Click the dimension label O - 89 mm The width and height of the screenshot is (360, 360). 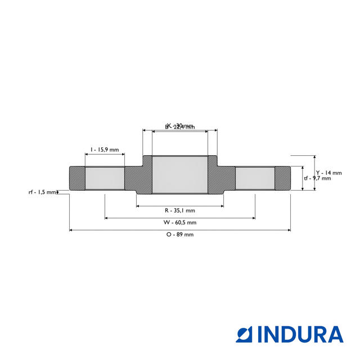pos(180,235)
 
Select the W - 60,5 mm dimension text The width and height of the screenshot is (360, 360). pos(180,222)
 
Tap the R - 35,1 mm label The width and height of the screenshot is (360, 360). pos(180,210)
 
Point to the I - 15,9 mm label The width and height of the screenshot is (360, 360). pos(105,150)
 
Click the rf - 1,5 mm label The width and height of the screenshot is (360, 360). pos(42,192)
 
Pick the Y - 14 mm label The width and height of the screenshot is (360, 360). pos(328,173)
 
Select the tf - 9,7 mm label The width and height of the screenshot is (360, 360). pos(317,178)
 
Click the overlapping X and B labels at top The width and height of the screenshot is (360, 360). pos(179,127)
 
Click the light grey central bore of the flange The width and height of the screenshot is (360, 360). pos(180,175)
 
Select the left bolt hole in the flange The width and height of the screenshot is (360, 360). pos(105,178)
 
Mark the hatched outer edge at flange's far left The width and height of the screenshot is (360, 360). pos(76,178)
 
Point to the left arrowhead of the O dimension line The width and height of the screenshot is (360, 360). pos(71,229)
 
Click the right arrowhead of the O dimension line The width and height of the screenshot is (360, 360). pos(289,229)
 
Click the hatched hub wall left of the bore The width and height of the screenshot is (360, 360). pos(145,175)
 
